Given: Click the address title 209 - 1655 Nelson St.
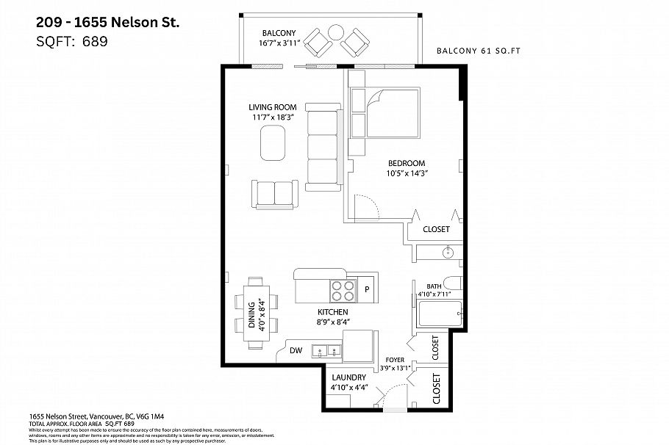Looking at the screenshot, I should tap(107, 23).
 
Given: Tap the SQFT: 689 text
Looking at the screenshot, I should tap(72, 42).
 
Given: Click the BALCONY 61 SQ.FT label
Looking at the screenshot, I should tap(484, 51).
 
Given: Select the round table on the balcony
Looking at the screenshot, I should tap(335, 33).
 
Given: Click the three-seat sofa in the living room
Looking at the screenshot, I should tap(322, 148).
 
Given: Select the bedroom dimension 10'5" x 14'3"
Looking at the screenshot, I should tap(407, 173).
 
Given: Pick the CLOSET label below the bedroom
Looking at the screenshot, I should tap(436, 229).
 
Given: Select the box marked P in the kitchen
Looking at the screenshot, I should tap(367, 289).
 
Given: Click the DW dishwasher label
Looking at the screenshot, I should tap(296, 351).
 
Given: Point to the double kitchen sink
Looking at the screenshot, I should tap(326, 351).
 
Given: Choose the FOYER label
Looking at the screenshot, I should tap(395, 360).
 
